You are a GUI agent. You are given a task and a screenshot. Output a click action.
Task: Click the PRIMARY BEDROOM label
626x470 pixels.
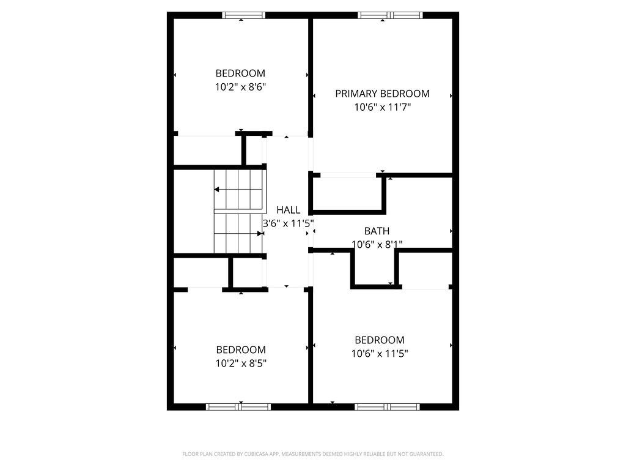point(382,94)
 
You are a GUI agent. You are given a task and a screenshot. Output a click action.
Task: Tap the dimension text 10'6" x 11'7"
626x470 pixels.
point(382,107)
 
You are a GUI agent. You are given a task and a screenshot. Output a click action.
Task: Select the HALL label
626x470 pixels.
point(288,210)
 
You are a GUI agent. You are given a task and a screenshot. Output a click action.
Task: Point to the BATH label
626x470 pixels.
point(377,231)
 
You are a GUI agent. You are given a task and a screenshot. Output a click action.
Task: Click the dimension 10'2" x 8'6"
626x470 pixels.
point(240,87)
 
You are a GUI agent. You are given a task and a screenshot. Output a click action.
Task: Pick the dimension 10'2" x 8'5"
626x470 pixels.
point(241,363)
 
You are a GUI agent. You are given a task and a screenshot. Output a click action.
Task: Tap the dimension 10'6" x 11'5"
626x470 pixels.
point(380,353)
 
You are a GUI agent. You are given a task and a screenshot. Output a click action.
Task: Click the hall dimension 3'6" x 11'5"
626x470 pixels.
point(288,223)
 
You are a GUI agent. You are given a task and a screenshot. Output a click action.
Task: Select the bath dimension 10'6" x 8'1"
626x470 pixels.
point(377,244)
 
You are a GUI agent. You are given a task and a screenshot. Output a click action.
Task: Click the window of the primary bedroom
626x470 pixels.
point(390,15)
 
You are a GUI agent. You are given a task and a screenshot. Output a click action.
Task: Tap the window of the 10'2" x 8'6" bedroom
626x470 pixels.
point(243,15)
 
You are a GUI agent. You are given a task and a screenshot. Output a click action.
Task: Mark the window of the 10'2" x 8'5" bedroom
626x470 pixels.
point(238,406)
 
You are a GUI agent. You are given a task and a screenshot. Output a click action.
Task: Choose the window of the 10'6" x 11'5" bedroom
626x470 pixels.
point(388,406)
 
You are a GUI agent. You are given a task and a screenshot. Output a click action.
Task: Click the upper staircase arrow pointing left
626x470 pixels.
point(218,190)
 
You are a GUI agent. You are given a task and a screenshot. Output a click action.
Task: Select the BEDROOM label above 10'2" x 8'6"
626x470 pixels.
point(240,73)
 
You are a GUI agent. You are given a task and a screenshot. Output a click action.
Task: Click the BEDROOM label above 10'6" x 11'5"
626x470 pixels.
point(380,340)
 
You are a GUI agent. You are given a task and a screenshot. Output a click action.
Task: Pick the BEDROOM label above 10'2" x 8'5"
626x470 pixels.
point(241,350)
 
